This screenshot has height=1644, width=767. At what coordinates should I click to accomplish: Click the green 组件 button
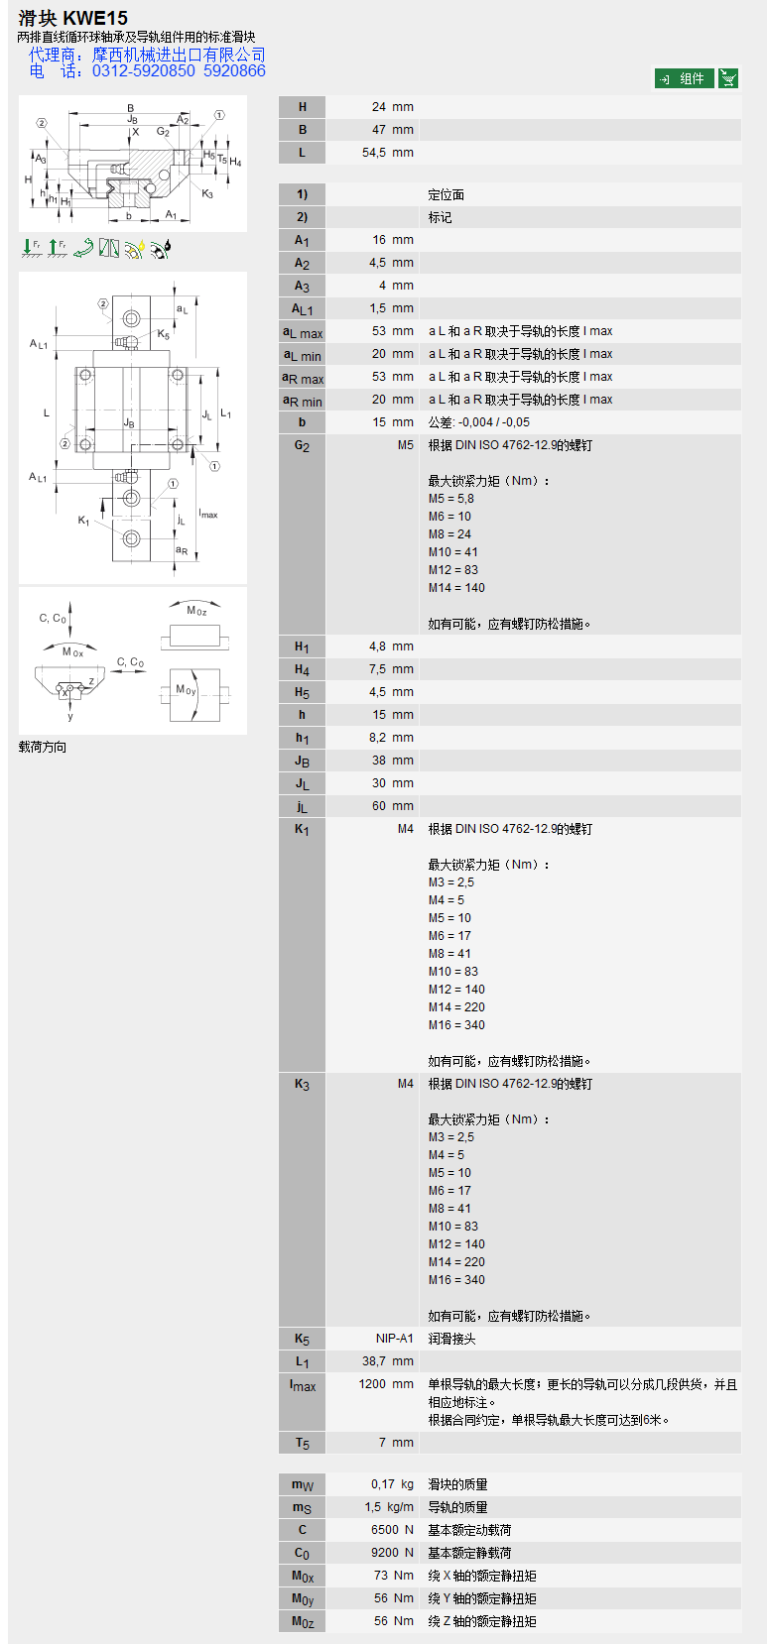[684, 78]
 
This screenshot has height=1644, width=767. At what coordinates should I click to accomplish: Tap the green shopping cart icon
[728, 78]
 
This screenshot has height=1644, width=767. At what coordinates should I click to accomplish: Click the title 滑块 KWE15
[72, 18]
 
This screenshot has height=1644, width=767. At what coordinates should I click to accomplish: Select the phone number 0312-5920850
[143, 71]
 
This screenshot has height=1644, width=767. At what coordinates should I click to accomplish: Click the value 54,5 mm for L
[388, 153]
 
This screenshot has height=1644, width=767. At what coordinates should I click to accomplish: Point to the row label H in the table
[302, 107]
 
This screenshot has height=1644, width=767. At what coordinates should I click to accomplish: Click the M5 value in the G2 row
[406, 445]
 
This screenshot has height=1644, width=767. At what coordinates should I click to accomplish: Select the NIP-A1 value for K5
[395, 1339]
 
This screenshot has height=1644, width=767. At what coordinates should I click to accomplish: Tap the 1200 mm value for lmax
[386, 1384]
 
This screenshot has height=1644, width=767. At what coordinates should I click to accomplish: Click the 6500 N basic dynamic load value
[392, 1530]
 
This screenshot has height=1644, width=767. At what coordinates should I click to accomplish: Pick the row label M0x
[303, 1577]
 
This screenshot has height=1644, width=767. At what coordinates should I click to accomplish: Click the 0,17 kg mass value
[392, 1484]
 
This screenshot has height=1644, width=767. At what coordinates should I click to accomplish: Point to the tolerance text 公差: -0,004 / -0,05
[479, 422]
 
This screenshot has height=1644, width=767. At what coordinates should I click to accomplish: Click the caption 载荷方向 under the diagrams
[43, 748]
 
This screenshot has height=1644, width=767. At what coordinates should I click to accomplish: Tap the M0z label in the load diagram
[196, 612]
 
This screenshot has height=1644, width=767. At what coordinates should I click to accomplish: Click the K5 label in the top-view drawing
[163, 335]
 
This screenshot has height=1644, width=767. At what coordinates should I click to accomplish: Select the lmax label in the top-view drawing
[208, 514]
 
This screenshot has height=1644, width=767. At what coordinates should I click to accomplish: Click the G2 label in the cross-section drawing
[163, 132]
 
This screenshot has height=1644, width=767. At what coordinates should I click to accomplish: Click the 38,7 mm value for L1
[388, 1361]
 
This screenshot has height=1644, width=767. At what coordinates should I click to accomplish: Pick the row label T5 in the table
[302, 1444]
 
